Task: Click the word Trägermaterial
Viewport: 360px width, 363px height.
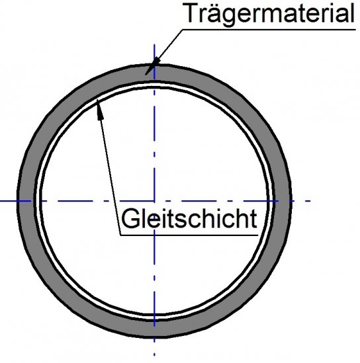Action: pos(269,13)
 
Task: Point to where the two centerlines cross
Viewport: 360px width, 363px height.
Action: pos(154,200)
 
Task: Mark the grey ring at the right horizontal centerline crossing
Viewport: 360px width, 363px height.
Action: pos(283,200)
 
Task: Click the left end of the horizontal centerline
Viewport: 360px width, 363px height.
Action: pos(1,200)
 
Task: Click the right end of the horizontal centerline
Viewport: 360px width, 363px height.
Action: pos(310,200)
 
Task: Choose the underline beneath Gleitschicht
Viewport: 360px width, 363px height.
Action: pos(189,233)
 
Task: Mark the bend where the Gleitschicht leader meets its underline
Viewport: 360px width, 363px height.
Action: pos(120,233)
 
